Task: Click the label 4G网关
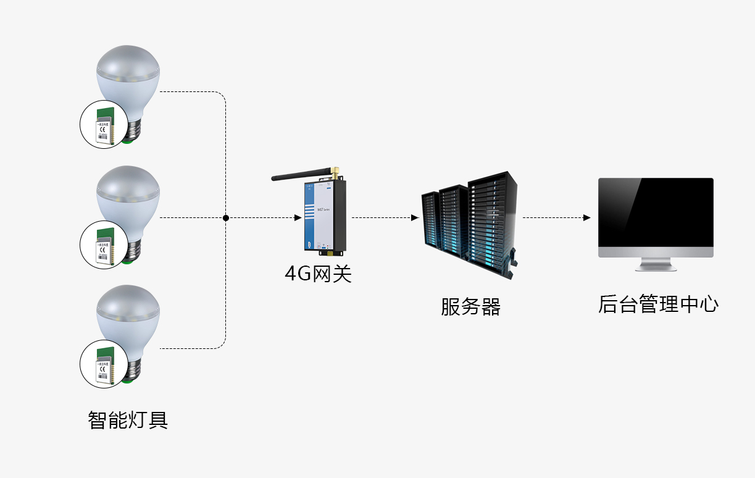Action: [x=318, y=273]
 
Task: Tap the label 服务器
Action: [x=470, y=306]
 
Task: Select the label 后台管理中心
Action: [x=658, y=304]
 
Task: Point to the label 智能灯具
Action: [x=128, y=421]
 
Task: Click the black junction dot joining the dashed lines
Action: [x=226, y=218]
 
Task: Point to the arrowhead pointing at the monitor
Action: [x=586, y=218]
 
